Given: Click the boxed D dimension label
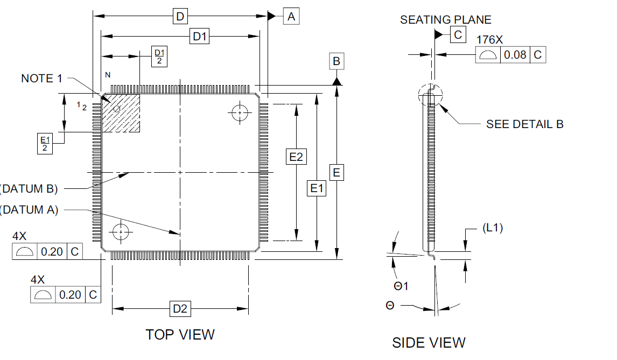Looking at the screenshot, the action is click(180, 17).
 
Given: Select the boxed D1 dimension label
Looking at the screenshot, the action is click(200, 36).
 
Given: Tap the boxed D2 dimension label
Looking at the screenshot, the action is click(180, 308).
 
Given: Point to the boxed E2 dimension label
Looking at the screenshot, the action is click(296, 157).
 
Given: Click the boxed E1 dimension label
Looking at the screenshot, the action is click(317, 188).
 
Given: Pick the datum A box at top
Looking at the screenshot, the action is click(291, 17).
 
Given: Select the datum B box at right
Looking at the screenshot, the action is click(336, 61).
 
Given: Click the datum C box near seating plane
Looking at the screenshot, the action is click(458, 34).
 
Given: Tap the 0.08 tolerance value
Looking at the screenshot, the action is click(515, 55).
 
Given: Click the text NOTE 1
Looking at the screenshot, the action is click(41, 79).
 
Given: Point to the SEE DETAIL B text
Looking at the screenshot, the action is click(525, 124).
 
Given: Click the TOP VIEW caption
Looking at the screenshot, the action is click(180, 334).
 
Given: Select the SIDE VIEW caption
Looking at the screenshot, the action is click(429, 343).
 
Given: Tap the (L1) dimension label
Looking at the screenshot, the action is click(493, 228).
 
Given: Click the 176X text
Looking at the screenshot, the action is click(489, 40).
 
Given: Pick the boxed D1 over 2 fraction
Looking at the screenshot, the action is click(159, 57).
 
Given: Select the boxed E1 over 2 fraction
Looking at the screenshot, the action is click(45, 144).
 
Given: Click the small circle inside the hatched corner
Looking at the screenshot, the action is click(117, 109).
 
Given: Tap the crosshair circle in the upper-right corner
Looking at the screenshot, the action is click(240, 113).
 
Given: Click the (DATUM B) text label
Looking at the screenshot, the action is click(29, 189).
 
